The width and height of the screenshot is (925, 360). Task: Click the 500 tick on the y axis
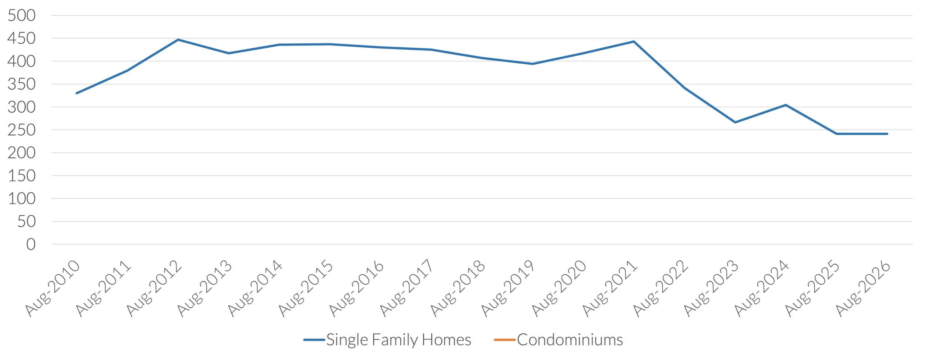(x=21, y=16)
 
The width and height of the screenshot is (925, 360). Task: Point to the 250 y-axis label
(x=21, y=130)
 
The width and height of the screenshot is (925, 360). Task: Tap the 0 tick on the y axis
(x=31, y=244)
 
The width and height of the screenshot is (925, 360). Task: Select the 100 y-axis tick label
(x=22, y=199)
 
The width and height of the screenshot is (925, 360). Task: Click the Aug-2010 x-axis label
(x=53, y=288)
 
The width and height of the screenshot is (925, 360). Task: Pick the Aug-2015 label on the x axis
(x=306, y=288)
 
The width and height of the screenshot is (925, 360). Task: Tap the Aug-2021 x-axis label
(x=610, y=288)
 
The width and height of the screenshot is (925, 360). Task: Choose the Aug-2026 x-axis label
(x=864, y=288)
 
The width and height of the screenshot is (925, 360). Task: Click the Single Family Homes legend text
(x=398, y=340)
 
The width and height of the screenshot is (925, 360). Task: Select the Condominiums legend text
(x=570, y=340)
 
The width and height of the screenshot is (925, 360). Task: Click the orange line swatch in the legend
(x=505, y=340)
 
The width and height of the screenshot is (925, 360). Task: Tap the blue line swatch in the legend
(x=314, y=340)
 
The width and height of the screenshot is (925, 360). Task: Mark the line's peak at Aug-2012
(x=178, y=40)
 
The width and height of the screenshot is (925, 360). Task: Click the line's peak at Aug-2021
(x=634, y=41)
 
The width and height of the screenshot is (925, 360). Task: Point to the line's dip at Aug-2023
(x=735, y=122)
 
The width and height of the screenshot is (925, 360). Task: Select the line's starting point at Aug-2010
(x=77, y=93)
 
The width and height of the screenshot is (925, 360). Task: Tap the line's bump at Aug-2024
(x=786, y=105)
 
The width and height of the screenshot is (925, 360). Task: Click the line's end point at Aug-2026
(x=887, y=134)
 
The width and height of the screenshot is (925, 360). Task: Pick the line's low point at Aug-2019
(x=532, y=64)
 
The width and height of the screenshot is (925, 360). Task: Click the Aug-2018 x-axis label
(x=458, y=288)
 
